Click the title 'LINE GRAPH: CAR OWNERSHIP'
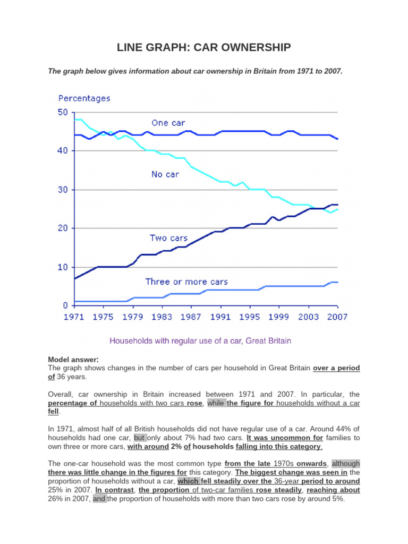tap(203, 48)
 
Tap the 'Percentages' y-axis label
tap(84, 98)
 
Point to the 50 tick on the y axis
tap(63, 112)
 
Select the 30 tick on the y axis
tap(63, 190)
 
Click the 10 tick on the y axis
tap(63, 267)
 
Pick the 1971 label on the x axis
tap(74, 317)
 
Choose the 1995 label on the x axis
tap(249, 317)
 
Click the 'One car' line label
tap(168, 123)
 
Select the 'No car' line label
tap(165, 174)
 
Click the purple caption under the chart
tap(200, 341)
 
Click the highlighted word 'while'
tap(216, 403)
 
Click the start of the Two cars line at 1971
tap(75, 278)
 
